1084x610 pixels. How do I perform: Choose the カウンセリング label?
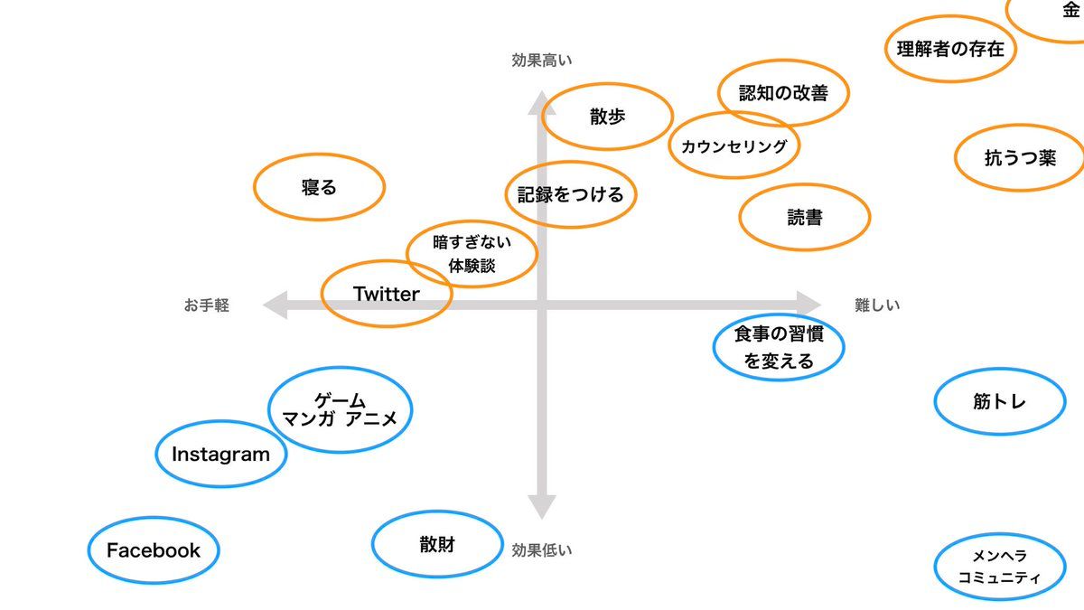[x=734, y=146]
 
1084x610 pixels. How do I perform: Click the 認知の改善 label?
[x=783, y=93]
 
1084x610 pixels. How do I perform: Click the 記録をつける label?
[x=571, y=194]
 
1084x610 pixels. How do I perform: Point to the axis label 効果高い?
[x=542, y=61]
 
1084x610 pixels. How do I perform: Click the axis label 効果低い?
[x=542, y=550]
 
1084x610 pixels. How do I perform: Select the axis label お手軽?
[x=207, y=305]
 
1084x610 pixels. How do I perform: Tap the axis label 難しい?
[x=877, y=305]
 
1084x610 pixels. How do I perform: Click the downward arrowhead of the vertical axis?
[x=541, y=507]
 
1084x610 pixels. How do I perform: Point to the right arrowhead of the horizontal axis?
[x=808, y=305]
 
